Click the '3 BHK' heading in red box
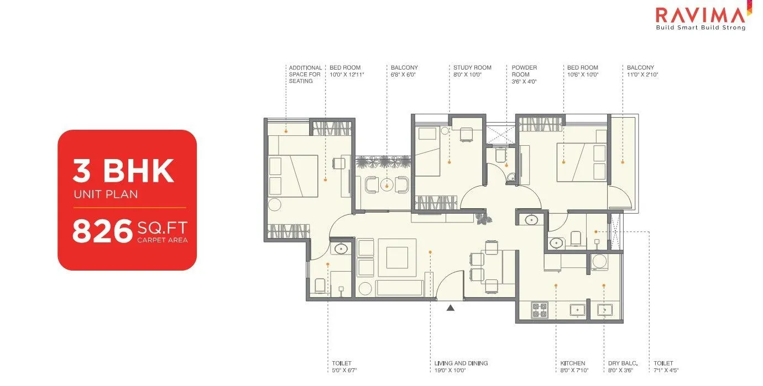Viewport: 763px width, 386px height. tap(124, 171)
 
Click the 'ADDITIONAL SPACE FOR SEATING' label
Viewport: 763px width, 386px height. tap(305, 74)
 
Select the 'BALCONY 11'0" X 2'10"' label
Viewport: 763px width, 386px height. tap(642, 71)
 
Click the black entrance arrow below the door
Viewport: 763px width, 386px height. tap(451, 308)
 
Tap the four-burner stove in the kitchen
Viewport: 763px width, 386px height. tap(539, 310)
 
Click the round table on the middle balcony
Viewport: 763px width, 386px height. tap(388, 184)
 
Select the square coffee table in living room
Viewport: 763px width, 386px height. tap(397, 257)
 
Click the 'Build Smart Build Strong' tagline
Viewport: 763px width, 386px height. tap(700, 28)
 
